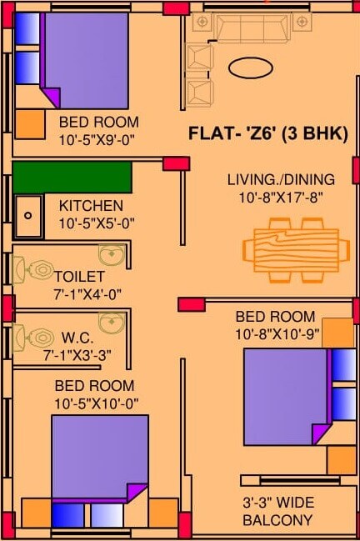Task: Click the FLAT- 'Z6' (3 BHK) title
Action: click(267, 133)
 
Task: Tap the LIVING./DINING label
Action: click(281, 179)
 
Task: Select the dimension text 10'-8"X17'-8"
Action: click(281, 198)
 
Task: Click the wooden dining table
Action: click(295, 249)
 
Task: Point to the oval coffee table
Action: click(251, 68)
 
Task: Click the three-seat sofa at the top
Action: click(251, 30)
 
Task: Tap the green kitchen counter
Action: click(72, 178)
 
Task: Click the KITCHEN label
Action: click(91, 205)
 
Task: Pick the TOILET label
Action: click(79, 275)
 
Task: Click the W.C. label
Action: click(77, 340)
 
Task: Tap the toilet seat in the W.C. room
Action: click(36, 338)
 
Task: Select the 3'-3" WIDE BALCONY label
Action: click(277, 512)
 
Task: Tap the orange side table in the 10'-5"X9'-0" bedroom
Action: click(29, 124)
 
